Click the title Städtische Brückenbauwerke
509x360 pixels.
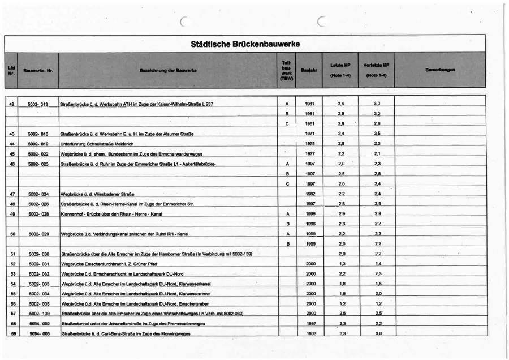(x=244, y=43)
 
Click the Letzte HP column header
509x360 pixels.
(x=340, y=70)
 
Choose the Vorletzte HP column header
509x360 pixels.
(x=376, y=70)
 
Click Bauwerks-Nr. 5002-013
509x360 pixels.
(x=38, y=104)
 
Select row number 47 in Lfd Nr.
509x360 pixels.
(x=12, y=194)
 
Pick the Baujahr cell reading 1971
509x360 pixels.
(x=310, y=134)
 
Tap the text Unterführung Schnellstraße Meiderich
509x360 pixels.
(x=97, y=144)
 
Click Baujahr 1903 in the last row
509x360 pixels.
(x=310, y=334)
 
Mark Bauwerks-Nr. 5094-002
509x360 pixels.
(x=38, y=324)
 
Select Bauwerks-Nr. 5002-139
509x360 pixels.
(x=38, y=314)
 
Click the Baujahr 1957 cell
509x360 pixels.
(x=310, y=324)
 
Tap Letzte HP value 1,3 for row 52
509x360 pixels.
(x=342, y=264)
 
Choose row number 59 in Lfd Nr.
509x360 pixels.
(x=12, y=334)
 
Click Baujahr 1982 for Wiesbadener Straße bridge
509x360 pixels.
(x=310, y=194)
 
